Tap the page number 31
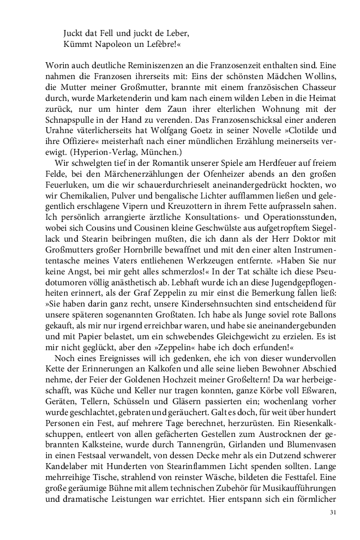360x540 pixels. (334, 512)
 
